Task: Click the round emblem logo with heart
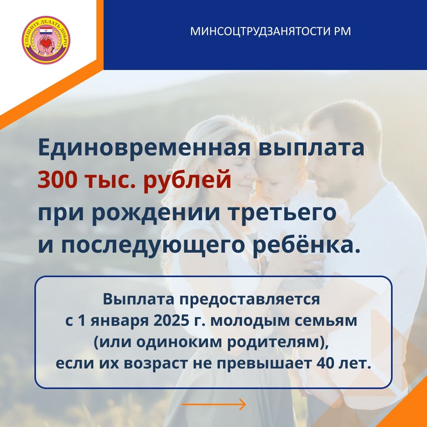pyautogui.click(x=46, y=40)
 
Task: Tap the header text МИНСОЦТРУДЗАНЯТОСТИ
pyautogui.click(x=260, y=31)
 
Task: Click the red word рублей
pyautogui.click(x=187, y=180)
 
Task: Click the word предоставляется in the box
pyautogui.click(x=249, y=300)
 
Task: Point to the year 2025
pyautogui.click(x=171, y=321)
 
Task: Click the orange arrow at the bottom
pyautogui.click(x=214, y=404)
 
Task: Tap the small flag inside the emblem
pyautogui.click(x=46, y=30)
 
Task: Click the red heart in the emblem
pyautogui.click(x=46, y=43)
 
